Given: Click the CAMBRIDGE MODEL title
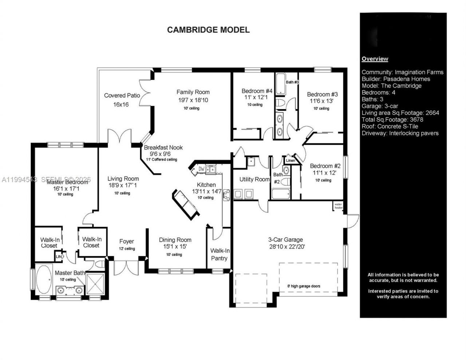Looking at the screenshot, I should point(208,30).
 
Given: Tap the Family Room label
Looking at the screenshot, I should point(193,92).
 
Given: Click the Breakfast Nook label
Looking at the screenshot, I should point(163,147).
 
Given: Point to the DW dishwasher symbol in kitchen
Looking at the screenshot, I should point(201,169).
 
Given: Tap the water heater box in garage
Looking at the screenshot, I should point(339,206).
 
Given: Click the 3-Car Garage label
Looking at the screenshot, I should point(285,240).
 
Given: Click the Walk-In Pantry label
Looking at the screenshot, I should point(220,254).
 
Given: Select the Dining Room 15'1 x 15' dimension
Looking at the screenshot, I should point(175,246).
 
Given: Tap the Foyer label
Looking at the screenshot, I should point(127,241).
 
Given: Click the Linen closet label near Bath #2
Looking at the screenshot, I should point(291,161).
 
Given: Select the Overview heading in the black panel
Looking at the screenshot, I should point(375,59).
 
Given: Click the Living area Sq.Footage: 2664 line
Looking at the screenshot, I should point(400,113).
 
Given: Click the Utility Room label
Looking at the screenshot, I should point(254,179).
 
